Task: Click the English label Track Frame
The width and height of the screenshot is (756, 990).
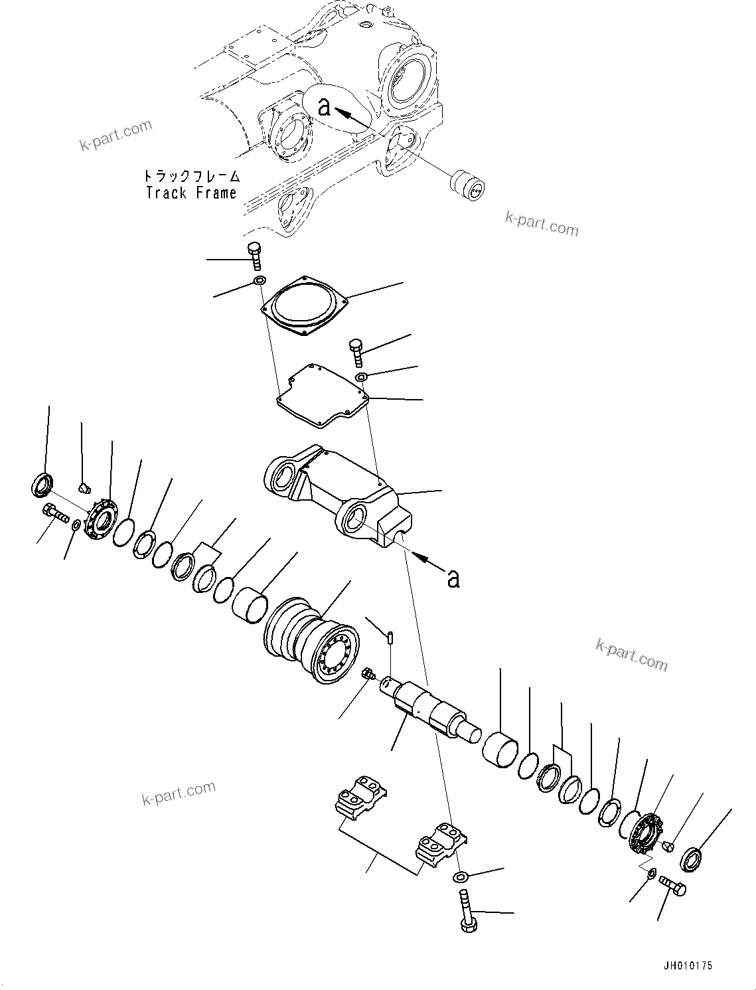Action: click(x=191, y=193)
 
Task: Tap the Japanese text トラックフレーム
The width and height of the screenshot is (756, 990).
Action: click(x=191, y=177)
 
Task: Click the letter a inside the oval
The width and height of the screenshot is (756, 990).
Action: click(x=324, y=106)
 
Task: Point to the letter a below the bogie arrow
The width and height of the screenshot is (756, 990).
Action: click(x=453, y=578)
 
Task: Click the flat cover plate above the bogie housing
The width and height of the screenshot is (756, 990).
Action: click(x=322, y=395)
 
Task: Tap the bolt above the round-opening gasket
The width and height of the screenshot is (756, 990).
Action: click(x=254, y=256)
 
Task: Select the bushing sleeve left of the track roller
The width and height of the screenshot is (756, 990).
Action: click(x=250, y=605)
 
